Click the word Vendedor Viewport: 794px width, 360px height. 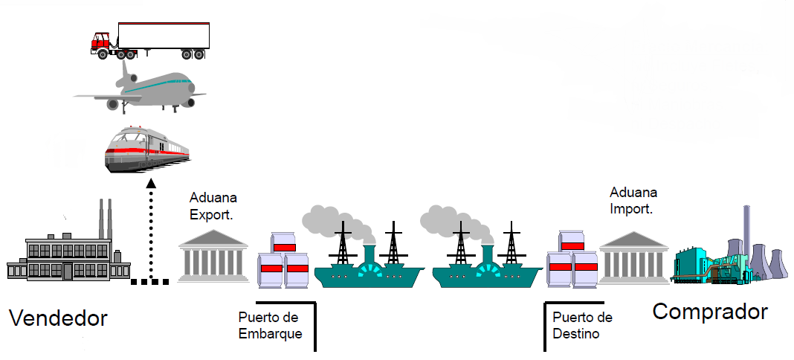(x=58, y=319)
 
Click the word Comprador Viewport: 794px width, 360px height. (x=709, y=311)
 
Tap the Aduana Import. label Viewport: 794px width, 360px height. (x=633, y=201)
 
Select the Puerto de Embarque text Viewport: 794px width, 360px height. (x=270, y=326)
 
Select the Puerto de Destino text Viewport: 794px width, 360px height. (x=583, y=326)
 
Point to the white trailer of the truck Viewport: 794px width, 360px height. (x=164, y=35)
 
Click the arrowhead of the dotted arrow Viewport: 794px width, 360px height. (x=152, y=184)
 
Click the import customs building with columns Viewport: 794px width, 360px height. (x=633, y=258)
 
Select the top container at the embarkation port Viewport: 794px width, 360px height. (x=284, y=242)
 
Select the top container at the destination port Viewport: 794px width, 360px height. (x=573, y=242)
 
